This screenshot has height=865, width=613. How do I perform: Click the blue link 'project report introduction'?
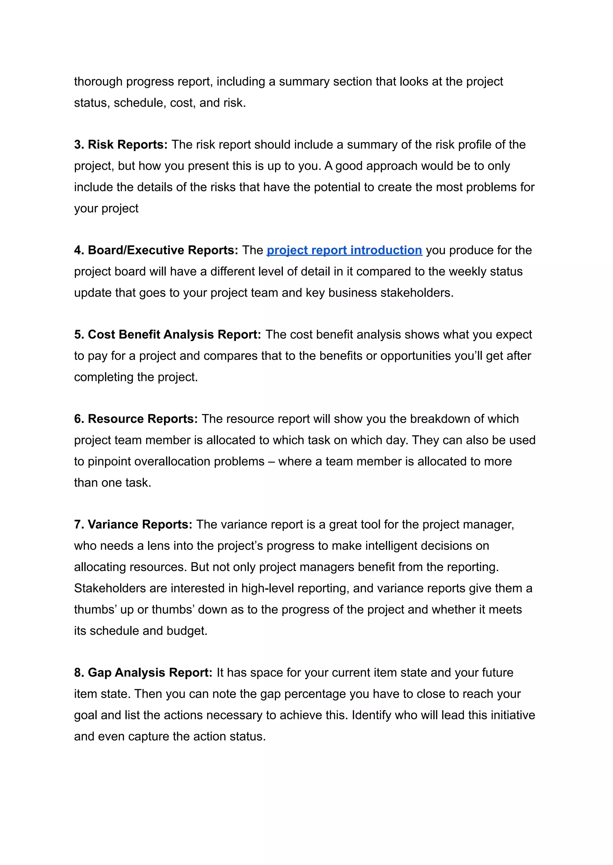(344, 250)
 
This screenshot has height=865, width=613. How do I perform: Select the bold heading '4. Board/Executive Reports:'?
(156, 250)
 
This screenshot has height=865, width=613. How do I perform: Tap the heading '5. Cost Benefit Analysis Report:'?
(167, 335)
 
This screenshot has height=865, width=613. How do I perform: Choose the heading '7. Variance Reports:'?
(133, 524)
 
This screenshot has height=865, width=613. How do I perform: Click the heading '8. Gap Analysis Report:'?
(143, 673)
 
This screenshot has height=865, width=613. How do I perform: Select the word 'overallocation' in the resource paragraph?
(175, 462)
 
